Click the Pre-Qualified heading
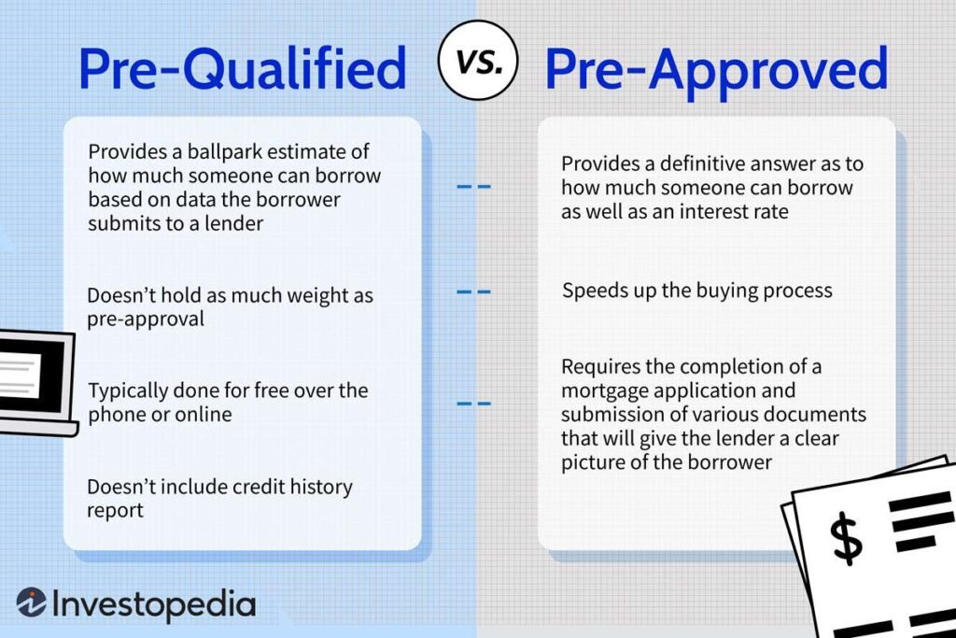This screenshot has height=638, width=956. coord(243,69)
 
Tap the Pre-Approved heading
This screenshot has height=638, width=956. coord(715,69)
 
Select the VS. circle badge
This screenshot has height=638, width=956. coord(477,63)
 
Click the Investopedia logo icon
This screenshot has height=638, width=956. coord(33,603)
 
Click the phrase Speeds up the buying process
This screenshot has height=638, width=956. coord(696,290)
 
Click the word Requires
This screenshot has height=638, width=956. coord(600,366)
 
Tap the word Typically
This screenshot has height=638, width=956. coord(130,390)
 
